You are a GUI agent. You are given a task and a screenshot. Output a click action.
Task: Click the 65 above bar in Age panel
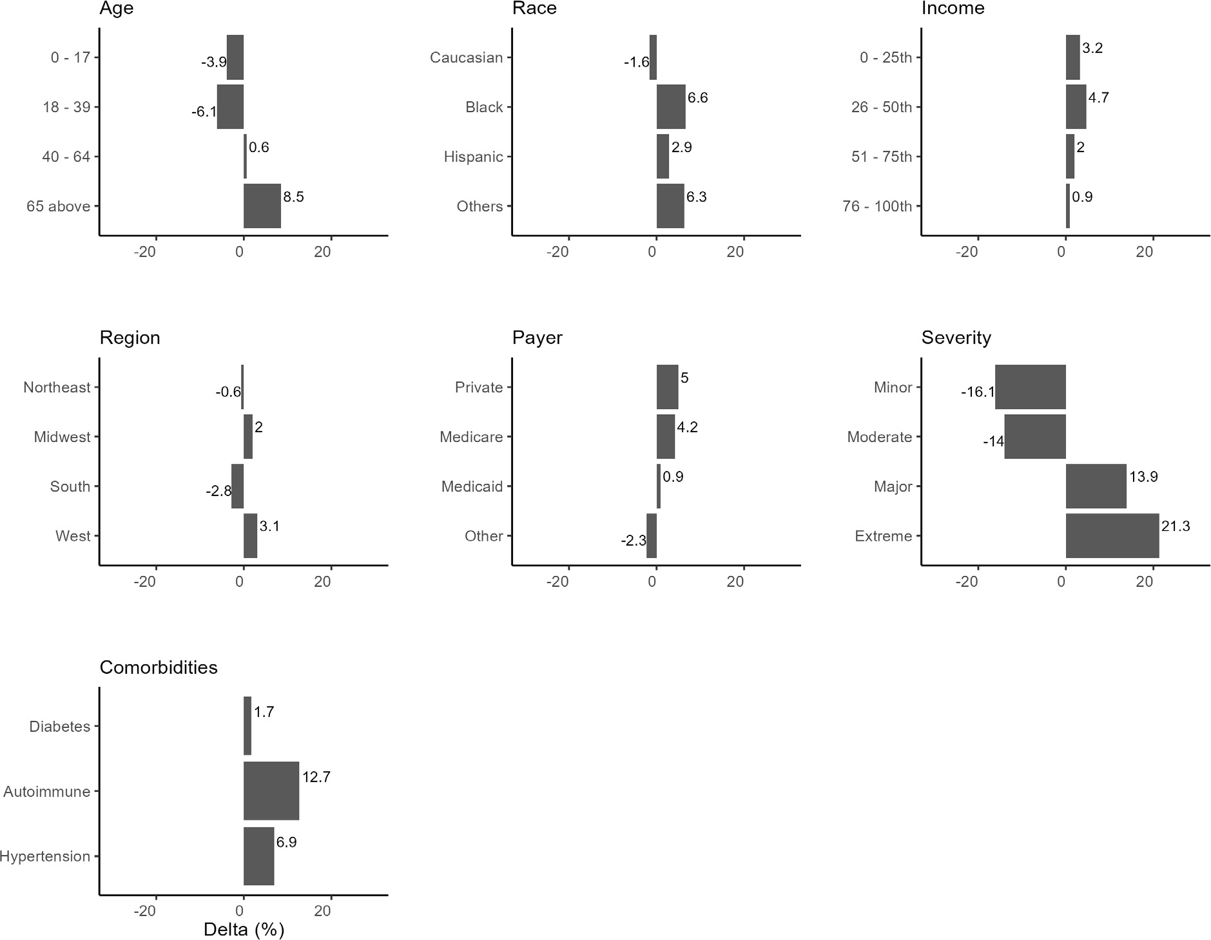[262, 206]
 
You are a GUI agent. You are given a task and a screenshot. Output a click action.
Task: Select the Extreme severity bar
[1112, 535]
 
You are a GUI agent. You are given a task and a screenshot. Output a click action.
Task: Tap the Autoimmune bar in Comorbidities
[271, 791]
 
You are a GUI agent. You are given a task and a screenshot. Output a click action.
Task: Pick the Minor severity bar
[1030, 387]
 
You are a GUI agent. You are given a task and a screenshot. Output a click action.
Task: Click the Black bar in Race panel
[671, 107]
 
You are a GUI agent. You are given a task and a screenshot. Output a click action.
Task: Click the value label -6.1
[204, 112]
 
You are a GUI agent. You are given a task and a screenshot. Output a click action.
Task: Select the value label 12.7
[316, 777]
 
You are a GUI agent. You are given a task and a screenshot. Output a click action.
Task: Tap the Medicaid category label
[472, 486]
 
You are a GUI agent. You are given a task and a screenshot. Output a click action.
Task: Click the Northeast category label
[57, 387]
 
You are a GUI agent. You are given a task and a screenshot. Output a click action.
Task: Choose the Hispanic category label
[473, 157]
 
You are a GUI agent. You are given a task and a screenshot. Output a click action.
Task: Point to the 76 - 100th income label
[877, 206]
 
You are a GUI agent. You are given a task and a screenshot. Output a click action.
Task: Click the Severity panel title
[956, 338]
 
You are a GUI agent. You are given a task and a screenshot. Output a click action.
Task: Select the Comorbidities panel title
[159, 667]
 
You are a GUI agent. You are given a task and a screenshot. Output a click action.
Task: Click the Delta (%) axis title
[244, 930]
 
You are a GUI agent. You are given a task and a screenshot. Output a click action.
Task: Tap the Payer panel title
[537, 338]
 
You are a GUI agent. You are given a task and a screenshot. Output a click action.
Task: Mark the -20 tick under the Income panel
[967, 252]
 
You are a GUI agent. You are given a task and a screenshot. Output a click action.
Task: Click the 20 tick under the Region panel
[322, 582]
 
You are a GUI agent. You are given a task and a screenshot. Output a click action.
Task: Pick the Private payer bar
[667, 387]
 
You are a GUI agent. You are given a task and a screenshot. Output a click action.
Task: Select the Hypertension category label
[45, 856]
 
